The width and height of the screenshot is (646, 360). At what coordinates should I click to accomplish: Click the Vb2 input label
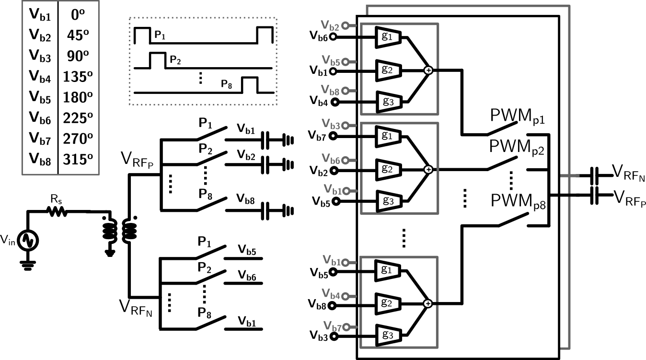[x=331, y=26]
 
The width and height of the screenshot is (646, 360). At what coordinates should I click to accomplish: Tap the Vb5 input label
[x=331, y=61]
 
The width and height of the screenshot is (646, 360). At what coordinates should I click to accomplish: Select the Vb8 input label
[x=331, y=91]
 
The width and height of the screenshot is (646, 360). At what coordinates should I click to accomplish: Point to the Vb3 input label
[x=331, y=125]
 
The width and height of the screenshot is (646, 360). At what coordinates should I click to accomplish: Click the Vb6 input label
[x=331, y=160]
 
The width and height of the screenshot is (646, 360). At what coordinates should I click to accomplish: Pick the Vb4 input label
[x=331, y=295]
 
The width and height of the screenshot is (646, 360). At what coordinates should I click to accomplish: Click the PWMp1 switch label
[x=517, y=116]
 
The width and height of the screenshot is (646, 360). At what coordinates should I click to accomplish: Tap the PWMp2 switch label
[x=517, y=147]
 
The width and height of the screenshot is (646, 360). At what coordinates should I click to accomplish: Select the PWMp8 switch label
[x=518, y=201]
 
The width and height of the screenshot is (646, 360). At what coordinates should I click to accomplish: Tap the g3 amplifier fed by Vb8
[x=388, y=102]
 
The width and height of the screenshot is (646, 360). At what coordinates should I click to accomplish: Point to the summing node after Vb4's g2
[x=428, y=303]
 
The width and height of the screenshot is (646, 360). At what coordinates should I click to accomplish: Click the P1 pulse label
[x=160, y=35]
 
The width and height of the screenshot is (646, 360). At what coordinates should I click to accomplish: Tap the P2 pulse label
[x=175, y=61]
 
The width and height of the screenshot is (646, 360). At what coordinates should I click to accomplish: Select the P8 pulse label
[x=226, y=84]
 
